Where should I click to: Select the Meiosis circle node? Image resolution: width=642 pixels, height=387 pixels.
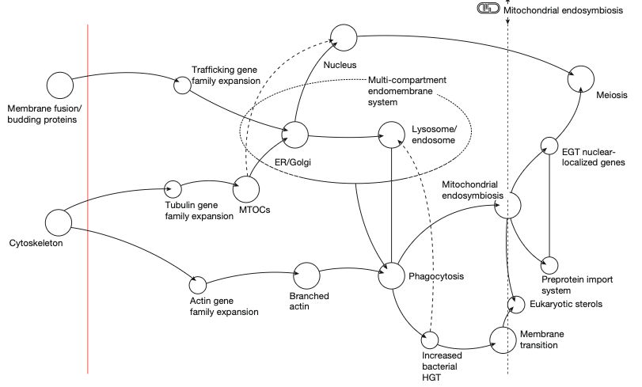point(581,79)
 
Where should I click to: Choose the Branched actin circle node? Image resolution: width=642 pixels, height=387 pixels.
point(306,276)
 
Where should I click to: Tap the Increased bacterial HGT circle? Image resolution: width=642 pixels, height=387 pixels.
point(430,340)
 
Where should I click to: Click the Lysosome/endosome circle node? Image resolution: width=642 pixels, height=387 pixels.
point(393,135)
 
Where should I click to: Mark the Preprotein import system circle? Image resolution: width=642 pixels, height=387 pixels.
point(549,265)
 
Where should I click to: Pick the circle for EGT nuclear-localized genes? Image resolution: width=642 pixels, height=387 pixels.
point(549,145)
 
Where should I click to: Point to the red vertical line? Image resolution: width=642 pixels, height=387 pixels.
point(87,198)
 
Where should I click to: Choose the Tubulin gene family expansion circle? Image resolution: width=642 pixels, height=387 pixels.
point(173,188)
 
